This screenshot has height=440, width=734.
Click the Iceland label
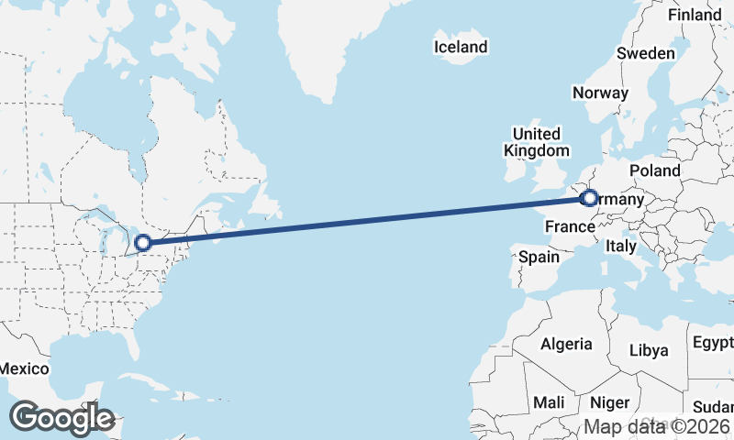[x=461, y=47]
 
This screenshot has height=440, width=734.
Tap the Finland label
[x=695, y=15]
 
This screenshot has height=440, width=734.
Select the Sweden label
[x=645, y=53]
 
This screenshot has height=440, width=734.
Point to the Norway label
[x=600, y=93]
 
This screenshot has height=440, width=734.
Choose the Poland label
[x=655, y=170]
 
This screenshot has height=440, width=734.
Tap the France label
[x=571, y=225]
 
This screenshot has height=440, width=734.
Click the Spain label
[x=539, y=257]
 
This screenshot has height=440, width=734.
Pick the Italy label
[x=621, y=247]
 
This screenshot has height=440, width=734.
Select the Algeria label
[x=567, y=345]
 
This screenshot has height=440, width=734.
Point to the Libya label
[x=649, y=350]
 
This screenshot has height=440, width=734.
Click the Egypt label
[x=713, y=343]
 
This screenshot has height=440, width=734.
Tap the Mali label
[x=549, y=402]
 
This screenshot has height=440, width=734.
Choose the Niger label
[x=609, y=402]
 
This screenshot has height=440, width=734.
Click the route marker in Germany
[x=589, y=198]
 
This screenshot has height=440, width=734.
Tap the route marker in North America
[x=142, y=243]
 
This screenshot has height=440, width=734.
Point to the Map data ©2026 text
[x=657, y=426]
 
